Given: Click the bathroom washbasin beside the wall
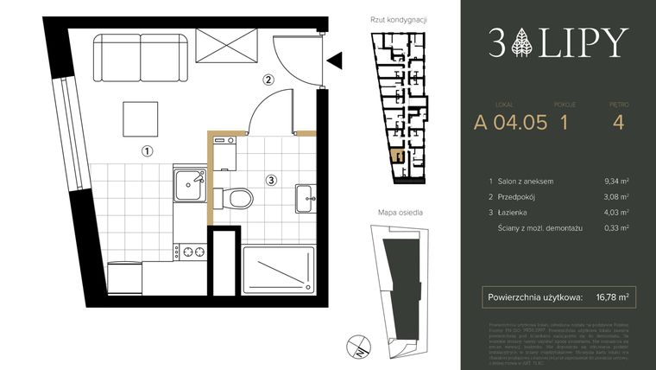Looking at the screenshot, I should pyautogui.click(x=304, y=197).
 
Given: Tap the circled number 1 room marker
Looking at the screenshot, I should pyautogui.click(x=148, y=150).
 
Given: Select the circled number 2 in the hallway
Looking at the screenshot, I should pyautogui.click(x=268, y=80).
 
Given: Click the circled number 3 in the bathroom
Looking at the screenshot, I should pyautogui.click(x=271, y=180).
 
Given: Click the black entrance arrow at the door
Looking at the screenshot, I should pyautogui.click(x=336, y=60).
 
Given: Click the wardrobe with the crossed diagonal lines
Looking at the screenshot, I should pyautogui.click(x=227, y=46).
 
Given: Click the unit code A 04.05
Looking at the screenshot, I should pyautogui.click(x=510, y=122).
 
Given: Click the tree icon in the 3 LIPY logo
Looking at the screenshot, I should pyautogui.click(x=522, y=41).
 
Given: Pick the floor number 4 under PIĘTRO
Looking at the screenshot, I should pyautogui.click(x=616, y=122).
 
